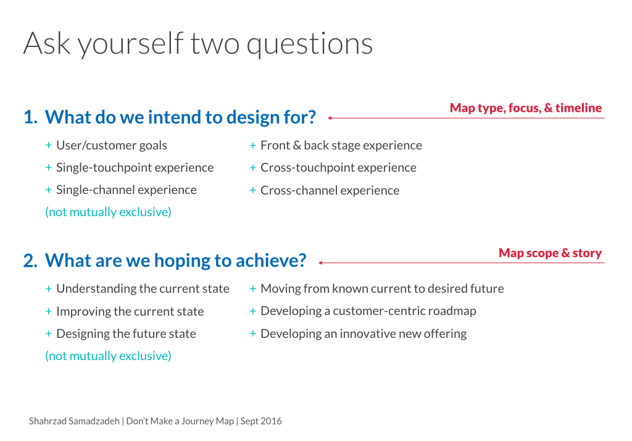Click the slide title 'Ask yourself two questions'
(198, 44)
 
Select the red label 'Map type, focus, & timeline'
(526, 108)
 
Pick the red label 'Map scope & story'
(550, 253)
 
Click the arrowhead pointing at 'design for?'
(330, 118)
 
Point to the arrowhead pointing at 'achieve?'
(320, 263)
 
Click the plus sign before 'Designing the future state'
(49, 334)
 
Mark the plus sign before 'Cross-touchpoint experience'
(253, 167)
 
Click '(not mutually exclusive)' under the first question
(108, 212)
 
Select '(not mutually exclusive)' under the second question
(108, 356)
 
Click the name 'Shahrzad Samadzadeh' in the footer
(74, 421)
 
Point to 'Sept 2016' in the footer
(261, 421)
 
